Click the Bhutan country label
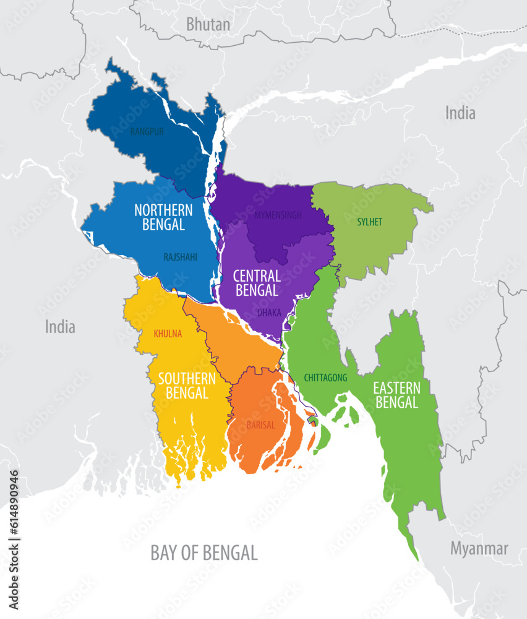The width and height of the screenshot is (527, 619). click(x=208, y=25)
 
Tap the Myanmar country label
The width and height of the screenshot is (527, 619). click(x=479, y=548)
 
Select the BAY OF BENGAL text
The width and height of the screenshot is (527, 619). click(x=204, y=553)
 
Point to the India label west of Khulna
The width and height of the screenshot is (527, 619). click(x=60, y=327)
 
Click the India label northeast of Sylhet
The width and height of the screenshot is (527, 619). click(x=461, y=113)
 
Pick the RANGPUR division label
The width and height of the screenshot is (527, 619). click(x=147, y=132)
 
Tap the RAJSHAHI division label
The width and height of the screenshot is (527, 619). click(x=181, y=257)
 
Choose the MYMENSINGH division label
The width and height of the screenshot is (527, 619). click(x=278, y=215)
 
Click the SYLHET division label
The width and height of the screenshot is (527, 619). click(x=370, y=222)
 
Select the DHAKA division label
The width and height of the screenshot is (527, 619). click(x=269, y=313)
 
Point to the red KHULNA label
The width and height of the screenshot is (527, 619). click(x=168, y=334)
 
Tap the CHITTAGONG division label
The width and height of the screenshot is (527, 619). click(x=325, y=378)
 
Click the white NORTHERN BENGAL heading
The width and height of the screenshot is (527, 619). click(x=163, y=217)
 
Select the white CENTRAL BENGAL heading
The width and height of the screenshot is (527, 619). click(x=257, y=282)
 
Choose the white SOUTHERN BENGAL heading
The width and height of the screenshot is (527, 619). click(x=187, y=385)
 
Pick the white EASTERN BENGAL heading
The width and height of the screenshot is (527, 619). click(x=396, y=395)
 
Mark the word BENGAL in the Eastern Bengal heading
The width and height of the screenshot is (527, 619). click(x=396, y=402)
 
